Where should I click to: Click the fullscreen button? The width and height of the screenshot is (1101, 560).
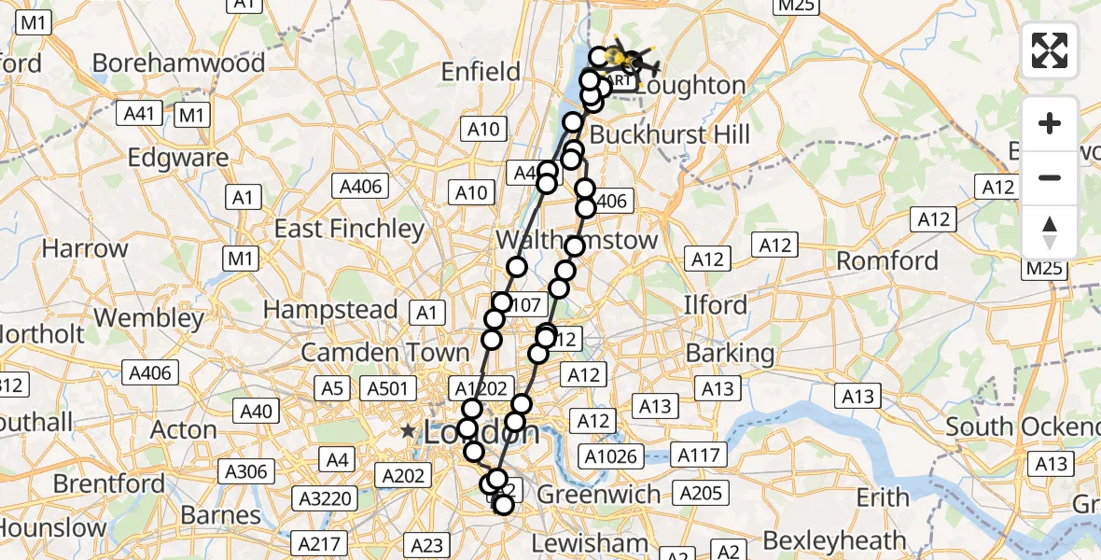click(1050, 50)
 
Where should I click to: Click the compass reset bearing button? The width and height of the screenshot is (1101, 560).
click(1050, 232)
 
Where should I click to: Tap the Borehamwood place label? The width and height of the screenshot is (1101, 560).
click(179, 63)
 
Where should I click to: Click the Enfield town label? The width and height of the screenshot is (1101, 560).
click(480, 72)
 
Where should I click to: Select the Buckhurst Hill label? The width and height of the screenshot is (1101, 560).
click(670, 134)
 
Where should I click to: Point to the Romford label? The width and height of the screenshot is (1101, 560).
click(886, 260)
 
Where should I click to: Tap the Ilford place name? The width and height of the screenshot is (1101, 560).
click(716, 305)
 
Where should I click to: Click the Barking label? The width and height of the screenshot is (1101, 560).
click(730, 354)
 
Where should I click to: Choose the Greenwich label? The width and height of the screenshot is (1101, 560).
click(613, 494)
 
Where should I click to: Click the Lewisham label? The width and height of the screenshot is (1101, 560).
click(590, 542)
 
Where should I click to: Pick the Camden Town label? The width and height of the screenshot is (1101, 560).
click(384, 353)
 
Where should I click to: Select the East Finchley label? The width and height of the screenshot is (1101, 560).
click(349, 229)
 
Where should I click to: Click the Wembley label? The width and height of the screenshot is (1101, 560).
click(148, 318)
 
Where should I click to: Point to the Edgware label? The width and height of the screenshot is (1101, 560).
click(179, 158)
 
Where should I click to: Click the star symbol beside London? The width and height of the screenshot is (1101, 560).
click(408, 432)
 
